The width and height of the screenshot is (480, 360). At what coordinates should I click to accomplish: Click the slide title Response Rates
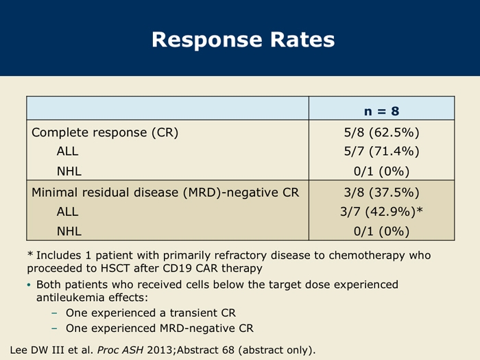pyautogui.click(x=243, y=40)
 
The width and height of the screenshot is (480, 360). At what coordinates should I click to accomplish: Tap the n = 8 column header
pyautogui.click(x=381, y=111)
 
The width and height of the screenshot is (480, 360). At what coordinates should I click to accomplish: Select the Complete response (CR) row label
pyautogui.click(x=105, y=132)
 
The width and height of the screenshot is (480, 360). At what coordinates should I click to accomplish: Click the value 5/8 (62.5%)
pyautogui.click(x=381, y=132)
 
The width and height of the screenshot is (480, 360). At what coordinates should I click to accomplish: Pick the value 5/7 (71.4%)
pyautogui.click(x=381, y=152)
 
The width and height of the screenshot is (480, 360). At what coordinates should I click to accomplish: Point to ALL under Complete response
pyautogui.click(x=67, y=152)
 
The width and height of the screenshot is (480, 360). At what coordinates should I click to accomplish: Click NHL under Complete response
pyautogui.click(x=69, y=171)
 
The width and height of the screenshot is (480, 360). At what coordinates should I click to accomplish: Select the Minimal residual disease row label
pyautogui.click(x=165, y=193)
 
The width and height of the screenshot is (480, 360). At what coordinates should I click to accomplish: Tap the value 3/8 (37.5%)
pyautogui.click(x=381, y=193)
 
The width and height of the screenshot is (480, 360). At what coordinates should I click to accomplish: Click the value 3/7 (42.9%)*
pyautogui.click(x=381, y=211)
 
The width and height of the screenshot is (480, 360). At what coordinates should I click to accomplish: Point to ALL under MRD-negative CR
pyautogui.click(x=67, y=211)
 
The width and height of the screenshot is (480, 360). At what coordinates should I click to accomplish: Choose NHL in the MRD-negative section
pyautogui.click(x=69, y=231)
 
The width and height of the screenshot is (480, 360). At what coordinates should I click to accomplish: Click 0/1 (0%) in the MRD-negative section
pyautogui.click(x=381, y=231)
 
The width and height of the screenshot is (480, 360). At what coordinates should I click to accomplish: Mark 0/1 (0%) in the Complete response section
pyautogui.click(x=381, y=171)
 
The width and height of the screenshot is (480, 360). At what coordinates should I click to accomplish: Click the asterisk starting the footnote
pyautogui.click(x=30, y=254)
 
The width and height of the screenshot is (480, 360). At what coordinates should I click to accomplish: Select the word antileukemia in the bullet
pyautogui.click(x=70, y=297)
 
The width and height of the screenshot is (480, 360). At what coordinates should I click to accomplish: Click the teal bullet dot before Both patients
pyautogui.click(x=29, y=285)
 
